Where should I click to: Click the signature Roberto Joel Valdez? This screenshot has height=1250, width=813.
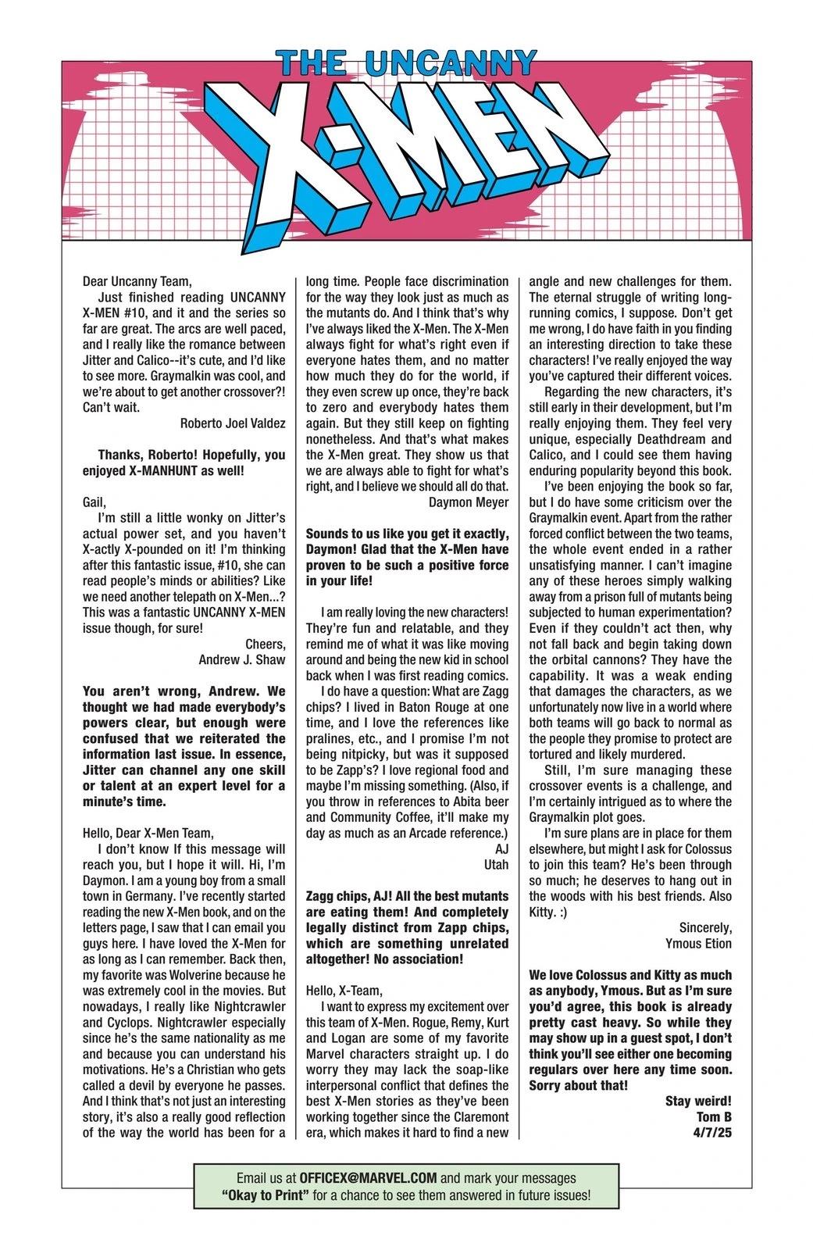[233, 423]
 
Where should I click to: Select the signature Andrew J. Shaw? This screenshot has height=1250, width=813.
[242, 659]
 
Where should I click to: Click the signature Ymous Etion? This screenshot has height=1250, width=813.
[698, 943]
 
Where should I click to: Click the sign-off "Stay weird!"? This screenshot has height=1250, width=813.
[698, 1101]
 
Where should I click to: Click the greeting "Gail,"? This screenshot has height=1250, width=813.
[94, 502]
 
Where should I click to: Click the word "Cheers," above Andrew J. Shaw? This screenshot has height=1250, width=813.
[266, 644]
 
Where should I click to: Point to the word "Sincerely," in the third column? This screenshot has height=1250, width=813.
[705, 927]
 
